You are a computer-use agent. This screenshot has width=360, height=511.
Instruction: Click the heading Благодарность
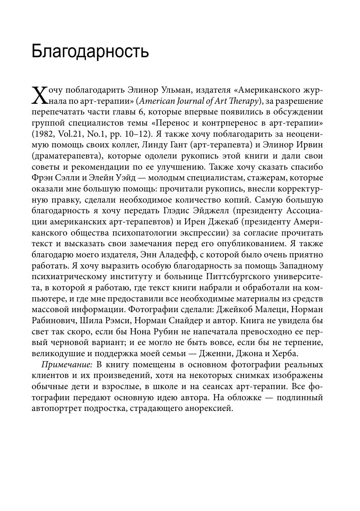point(90,52)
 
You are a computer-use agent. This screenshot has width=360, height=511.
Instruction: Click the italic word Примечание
point(67,365)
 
